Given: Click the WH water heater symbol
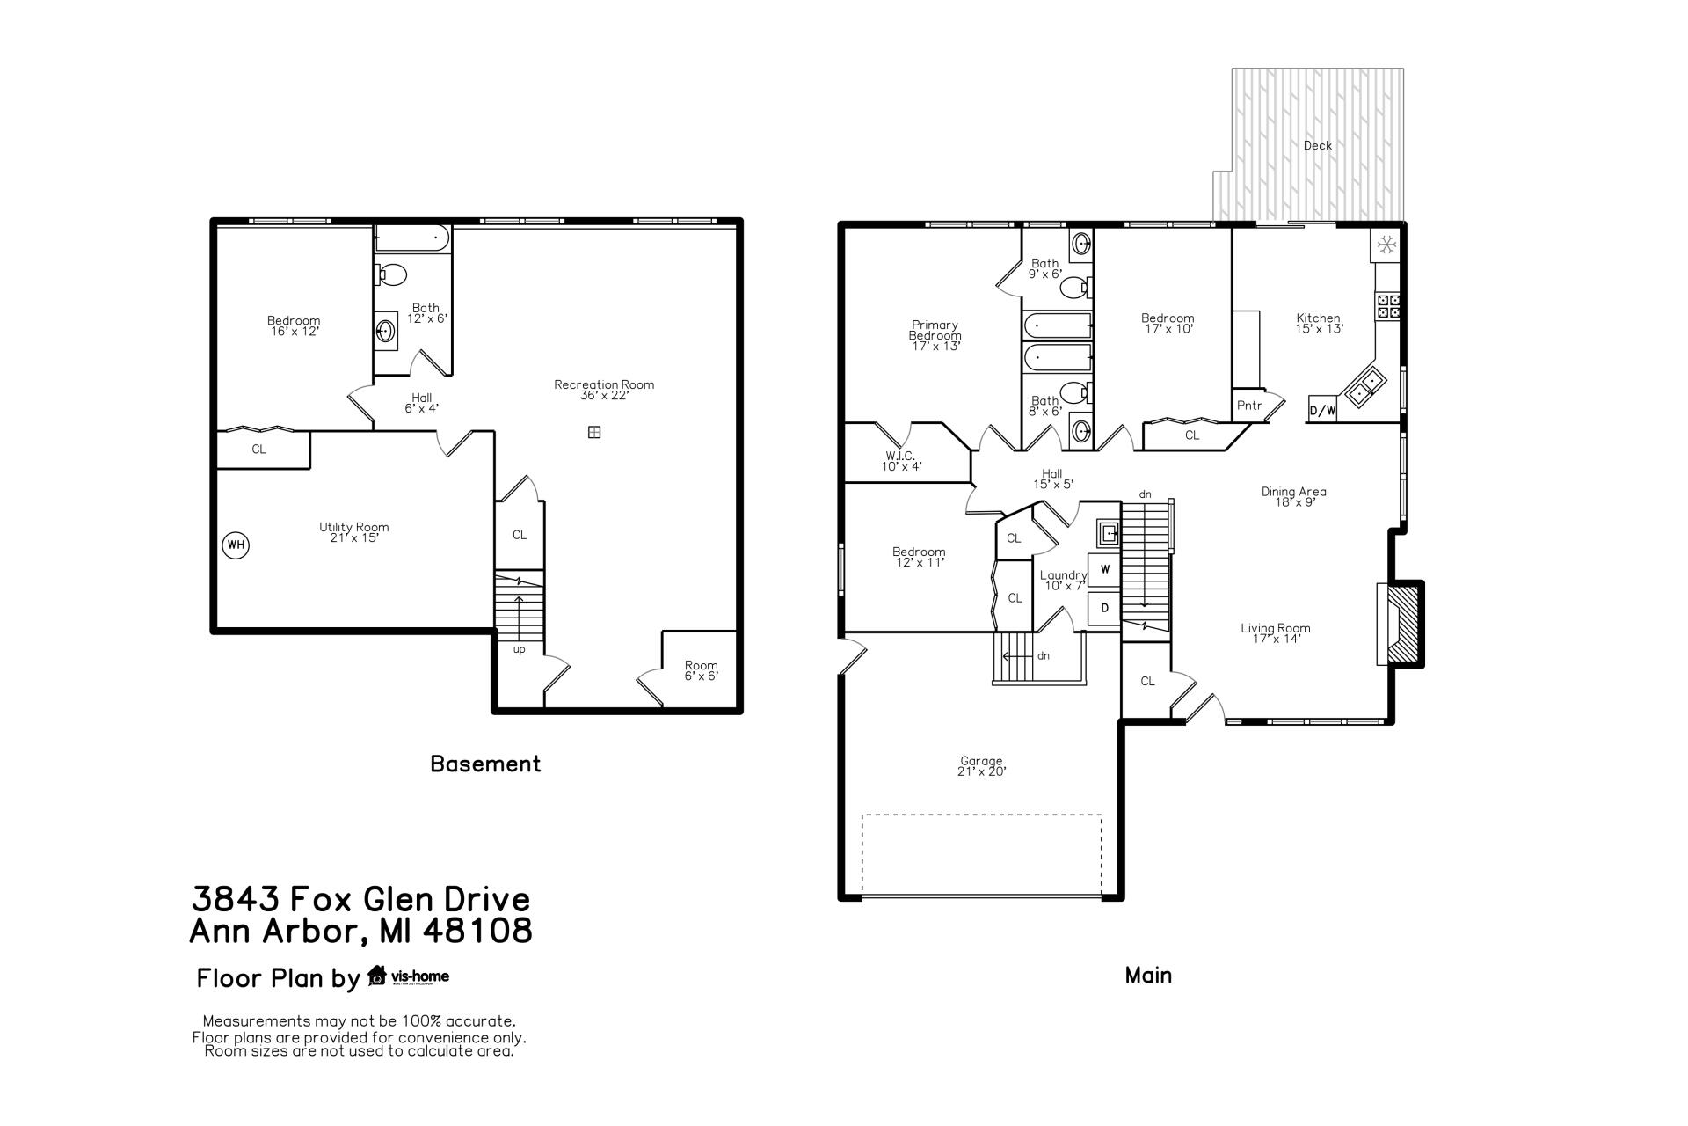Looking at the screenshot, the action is tap(236, 545).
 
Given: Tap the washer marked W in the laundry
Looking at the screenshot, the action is tap(1105, 569).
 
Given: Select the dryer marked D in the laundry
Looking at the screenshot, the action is tap(1105, 608).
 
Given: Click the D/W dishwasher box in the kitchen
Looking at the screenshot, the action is tap(1322, 410).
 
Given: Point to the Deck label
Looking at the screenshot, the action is tap(1317, 146).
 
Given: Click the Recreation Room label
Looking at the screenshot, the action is tap(604, 390).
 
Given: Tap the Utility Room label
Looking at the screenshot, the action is tap(353, 532).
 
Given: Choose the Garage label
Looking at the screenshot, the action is tap(981, 766).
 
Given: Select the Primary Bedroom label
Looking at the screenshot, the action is tap(935, 335).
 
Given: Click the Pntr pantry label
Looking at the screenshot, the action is tap(1249, 406).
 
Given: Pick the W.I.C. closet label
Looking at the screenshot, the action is tap(901, 461).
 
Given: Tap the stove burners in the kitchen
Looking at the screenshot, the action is tap(1389, 306).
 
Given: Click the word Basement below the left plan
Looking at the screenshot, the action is tap(485, 764).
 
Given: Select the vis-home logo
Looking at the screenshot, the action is tap(409, 976).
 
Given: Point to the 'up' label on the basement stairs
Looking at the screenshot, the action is tap(519, 650).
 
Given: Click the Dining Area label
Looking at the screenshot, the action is tap(1293, 497).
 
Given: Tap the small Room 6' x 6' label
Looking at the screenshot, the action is tap(701, 670).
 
